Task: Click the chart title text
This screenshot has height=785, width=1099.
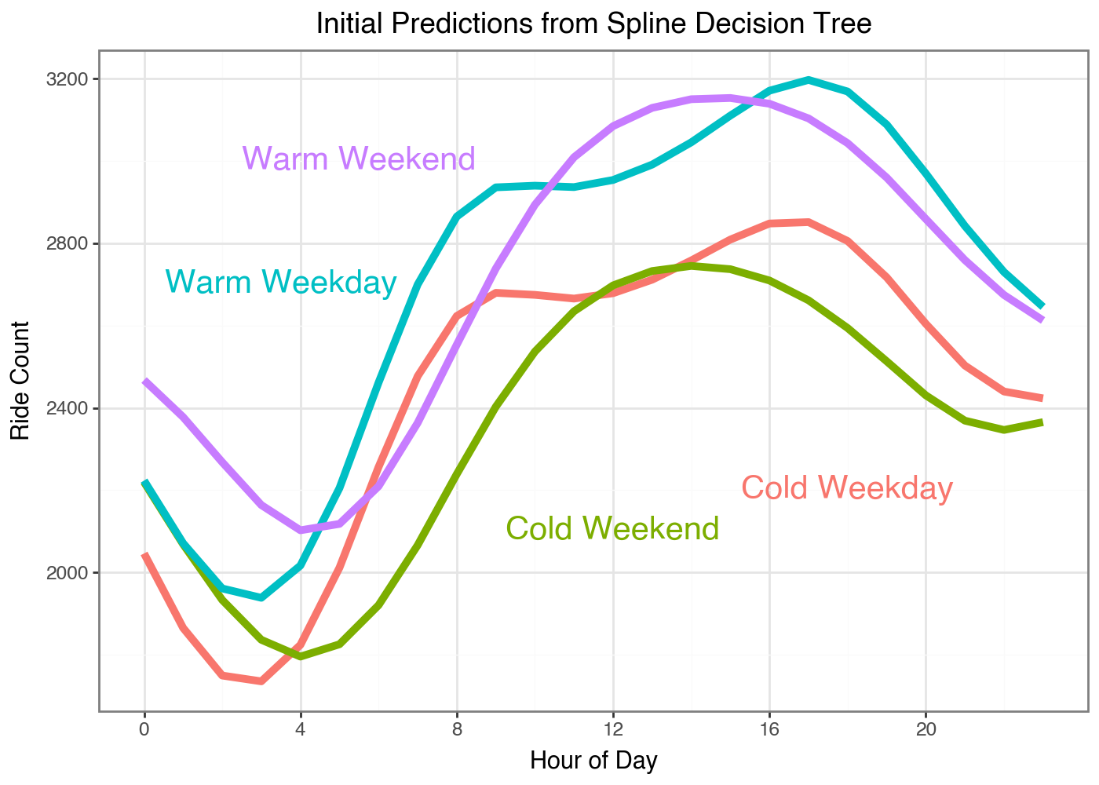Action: coord(593,24)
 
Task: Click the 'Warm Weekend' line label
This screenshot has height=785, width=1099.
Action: coord(359,159)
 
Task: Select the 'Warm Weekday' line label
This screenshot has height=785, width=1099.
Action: coord(281,282)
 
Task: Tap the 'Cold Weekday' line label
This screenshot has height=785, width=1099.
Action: coord(847,488)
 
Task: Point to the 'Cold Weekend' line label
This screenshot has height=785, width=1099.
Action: coord(612,529)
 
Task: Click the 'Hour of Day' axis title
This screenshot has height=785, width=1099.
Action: coord(593,761)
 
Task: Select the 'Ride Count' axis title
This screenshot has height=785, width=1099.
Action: coord(20,381)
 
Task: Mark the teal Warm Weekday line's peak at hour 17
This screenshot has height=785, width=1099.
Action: coord(809,79)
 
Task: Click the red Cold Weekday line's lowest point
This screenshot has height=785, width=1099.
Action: coord(261,681)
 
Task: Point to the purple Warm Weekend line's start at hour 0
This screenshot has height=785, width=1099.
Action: coord(145,382)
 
